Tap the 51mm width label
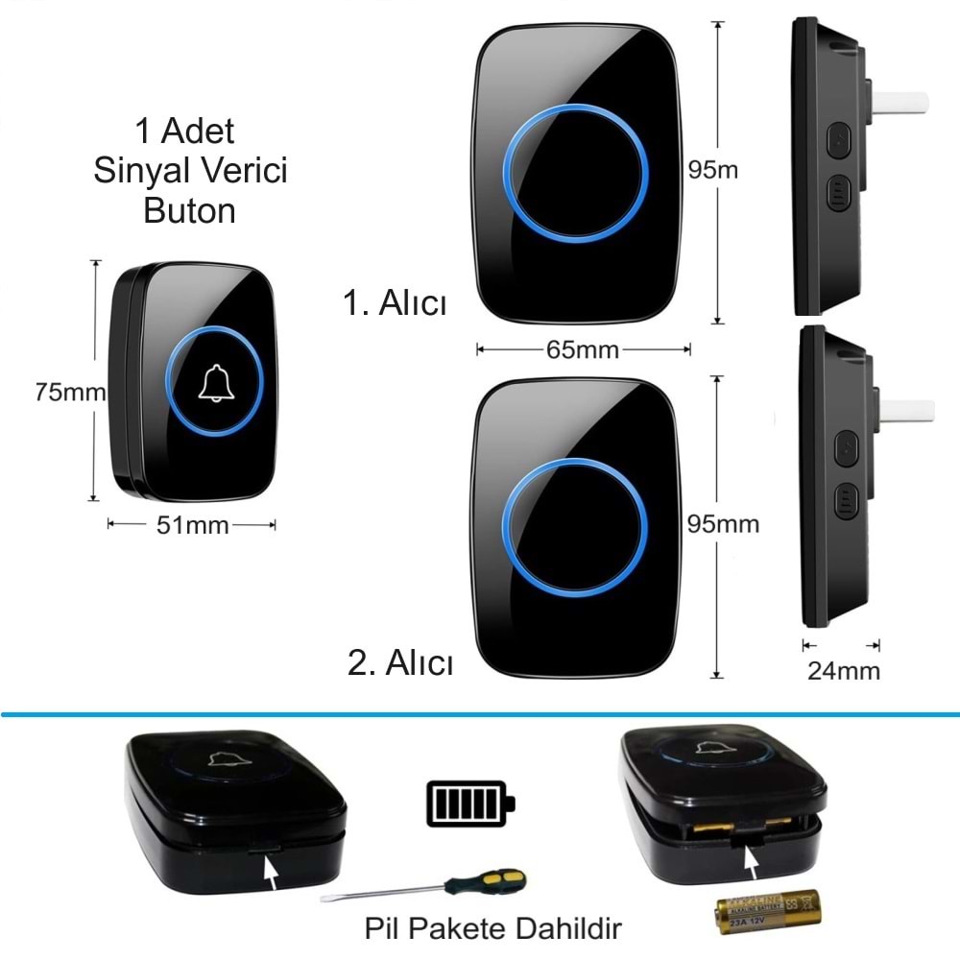click(192, 525)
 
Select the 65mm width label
click(583, 349)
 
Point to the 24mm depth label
click(843, 670)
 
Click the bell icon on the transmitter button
click(217, 384)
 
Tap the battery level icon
click(469, 802)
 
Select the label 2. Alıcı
click(400, 662)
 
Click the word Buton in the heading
click(190, 210)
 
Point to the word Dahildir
click(575, 929)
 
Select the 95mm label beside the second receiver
click(723, 524)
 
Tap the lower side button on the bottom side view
click(845, 501)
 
